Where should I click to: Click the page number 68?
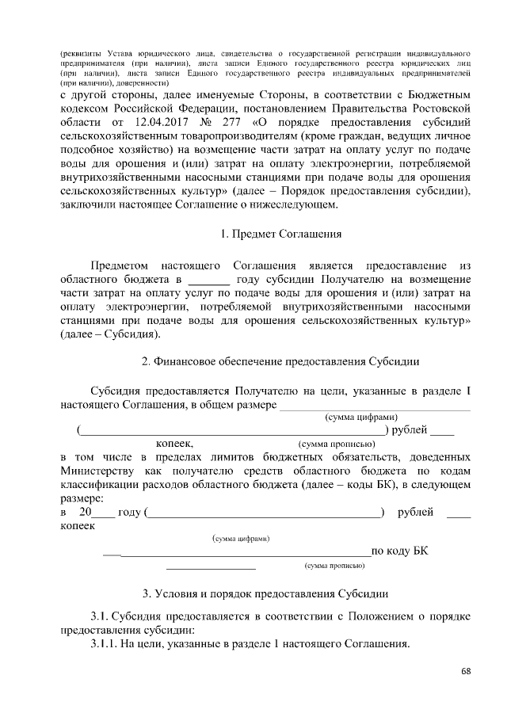click(x=466, y=672)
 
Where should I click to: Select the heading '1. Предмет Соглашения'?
click(x=280, y=235)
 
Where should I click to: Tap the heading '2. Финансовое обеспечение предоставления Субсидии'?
click(x=280, y=360)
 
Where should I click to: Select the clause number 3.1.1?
click(x=103, y=644)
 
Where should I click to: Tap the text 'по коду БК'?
click(x=400, y=551)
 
